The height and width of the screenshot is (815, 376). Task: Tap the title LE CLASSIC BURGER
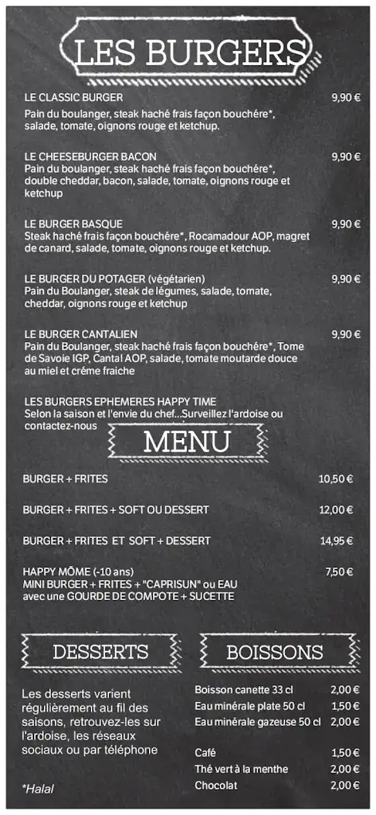(73, 98)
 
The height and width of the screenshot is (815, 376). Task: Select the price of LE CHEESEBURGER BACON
(346, 157)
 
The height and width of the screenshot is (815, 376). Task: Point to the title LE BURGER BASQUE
(73, 224)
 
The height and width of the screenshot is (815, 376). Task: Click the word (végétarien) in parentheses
(176, 279)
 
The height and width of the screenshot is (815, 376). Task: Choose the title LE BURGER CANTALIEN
(80, 334)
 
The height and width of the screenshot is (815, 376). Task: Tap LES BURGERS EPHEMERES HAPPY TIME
(120, 402)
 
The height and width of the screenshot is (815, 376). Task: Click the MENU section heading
(186, 441)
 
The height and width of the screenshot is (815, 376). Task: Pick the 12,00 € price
(335, 510)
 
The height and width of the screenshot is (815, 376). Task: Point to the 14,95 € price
(336, 541)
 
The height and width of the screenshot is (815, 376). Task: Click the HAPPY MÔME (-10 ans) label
(78, 572)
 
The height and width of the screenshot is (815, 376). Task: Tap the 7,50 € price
(339, 572)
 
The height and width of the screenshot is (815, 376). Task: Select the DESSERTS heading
(100, 653)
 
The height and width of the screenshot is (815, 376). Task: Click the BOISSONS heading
(275, 653)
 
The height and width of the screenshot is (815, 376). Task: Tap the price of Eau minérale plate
(346, 706)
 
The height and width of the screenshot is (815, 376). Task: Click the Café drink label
(205, 753)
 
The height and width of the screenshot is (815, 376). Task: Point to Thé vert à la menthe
(241, 769)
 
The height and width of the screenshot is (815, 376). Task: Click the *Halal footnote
(37, 788)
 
